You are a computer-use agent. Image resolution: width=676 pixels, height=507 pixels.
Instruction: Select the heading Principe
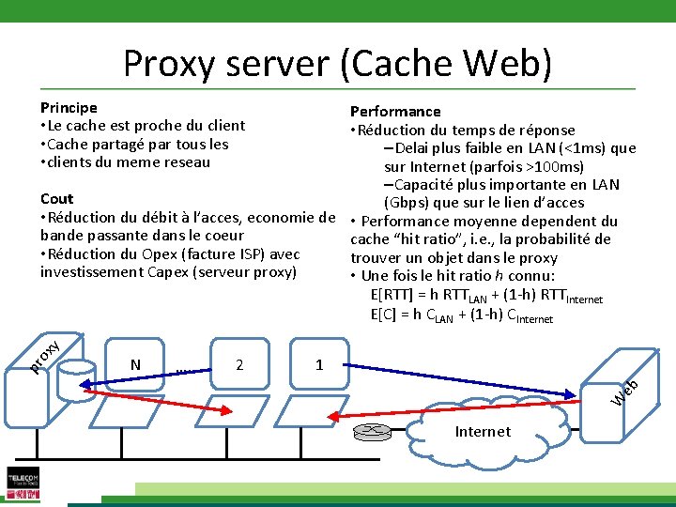click(69, 108)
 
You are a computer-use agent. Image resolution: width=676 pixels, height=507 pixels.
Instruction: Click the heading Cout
click(56, 199)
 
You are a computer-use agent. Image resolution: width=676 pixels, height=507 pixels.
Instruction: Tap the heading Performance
click(395, 112)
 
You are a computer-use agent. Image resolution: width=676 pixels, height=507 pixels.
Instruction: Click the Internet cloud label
click(483, 432)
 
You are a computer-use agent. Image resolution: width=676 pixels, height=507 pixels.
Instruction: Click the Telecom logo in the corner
click(23, 484)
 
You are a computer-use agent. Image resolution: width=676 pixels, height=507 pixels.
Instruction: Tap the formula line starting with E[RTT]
click(486, 296)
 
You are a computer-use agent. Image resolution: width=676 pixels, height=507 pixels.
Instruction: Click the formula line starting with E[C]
click(462, 315)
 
